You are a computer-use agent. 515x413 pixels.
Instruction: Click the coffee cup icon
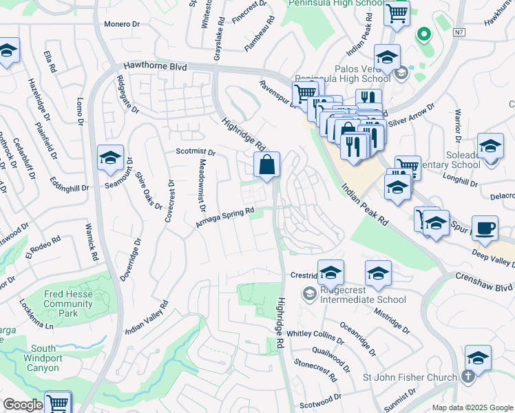tap(486, 228)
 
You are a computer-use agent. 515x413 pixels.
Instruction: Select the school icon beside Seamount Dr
tap(110, 159)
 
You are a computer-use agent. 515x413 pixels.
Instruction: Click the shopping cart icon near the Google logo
tap(58, 403)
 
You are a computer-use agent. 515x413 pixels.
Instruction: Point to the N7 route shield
tap(459, 32)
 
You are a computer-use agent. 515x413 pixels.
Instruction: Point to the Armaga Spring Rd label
tap(225, 218)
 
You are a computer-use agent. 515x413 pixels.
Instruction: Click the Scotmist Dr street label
tap(196, 152)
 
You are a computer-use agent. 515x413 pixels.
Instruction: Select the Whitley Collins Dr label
tap(315, 335)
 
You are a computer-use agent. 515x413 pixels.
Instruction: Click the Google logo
tap(23, 405)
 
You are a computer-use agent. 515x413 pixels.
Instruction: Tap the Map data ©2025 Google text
tap(472, 407)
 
